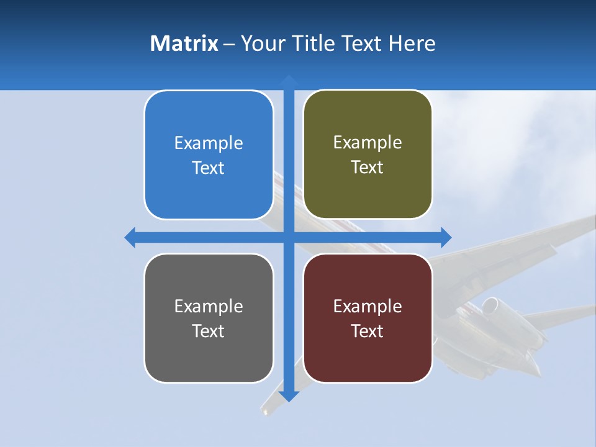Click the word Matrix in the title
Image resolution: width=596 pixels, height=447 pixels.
coord(184,43)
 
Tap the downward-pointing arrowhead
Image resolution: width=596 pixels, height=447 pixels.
coord(288,395)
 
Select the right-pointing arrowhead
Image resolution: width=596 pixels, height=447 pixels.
coord(445,237)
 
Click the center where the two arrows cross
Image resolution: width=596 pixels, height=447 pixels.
coord(288,237)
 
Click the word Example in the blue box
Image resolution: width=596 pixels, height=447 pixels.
coord(209,143)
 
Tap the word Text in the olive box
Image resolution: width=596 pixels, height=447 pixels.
coord(368,168)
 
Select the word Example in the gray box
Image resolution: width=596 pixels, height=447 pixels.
coord(209,306)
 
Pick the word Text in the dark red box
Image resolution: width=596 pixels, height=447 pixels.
coord(368,331)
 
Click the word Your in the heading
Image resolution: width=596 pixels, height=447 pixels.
coord(261,43)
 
